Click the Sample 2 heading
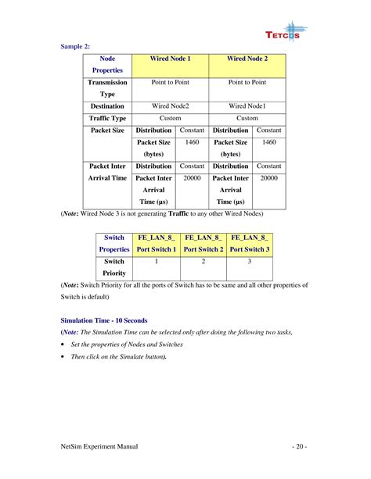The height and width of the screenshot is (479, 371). click(76, 46)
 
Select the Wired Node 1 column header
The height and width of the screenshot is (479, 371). click(170, 59)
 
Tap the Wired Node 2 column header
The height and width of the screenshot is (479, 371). click(247, 59)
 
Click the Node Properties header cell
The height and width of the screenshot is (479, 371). click(108, 64)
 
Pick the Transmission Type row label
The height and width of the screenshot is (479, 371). click(108, 88)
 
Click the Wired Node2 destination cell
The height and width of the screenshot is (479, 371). click(170, 105)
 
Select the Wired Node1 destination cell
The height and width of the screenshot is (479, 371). click(247, 105)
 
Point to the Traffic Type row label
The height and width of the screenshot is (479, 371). click(108, 118)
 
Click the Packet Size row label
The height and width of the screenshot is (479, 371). click(108, 130)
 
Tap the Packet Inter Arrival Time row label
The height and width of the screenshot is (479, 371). click(108, 172)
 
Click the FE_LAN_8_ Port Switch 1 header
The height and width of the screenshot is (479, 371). click(157, 243)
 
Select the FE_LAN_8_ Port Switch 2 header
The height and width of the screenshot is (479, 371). click(204, 243)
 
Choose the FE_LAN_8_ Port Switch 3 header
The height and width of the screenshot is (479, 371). click(250, 243)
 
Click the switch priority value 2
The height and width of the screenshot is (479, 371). click(204, 262)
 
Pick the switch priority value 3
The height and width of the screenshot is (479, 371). click(250, 262)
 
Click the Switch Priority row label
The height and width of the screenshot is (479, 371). click(114, 268)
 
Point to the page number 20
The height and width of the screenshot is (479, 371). click(300, 446)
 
